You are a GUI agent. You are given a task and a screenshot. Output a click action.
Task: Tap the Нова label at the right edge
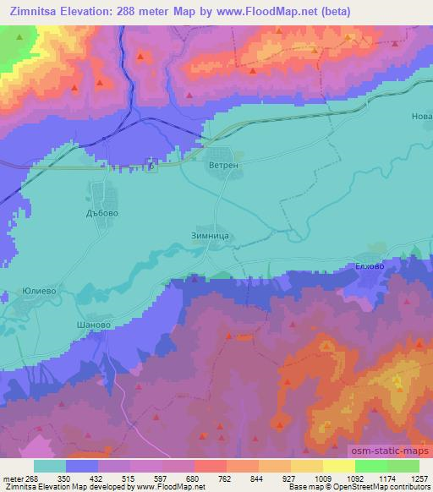(x=421, y=116)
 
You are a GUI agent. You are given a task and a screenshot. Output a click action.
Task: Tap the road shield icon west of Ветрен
(x=150, y=167)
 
